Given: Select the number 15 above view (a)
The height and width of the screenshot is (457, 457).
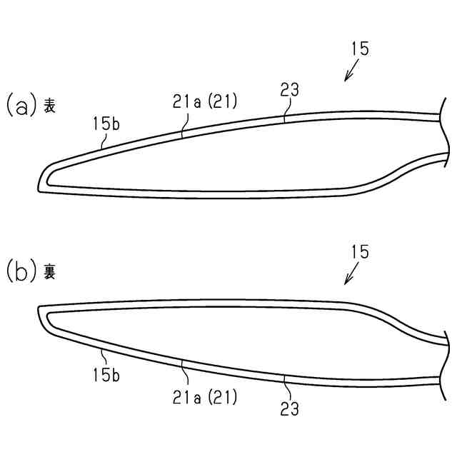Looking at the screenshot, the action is click(x=361, y=49).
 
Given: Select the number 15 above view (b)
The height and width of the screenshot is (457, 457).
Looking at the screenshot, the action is click(x=361, y=251).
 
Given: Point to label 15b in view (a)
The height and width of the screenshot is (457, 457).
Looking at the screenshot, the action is click(x=106, y=124).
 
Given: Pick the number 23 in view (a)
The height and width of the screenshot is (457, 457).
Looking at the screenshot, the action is click(x=289, y=90).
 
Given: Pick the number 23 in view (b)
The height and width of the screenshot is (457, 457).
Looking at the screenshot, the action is click(x=289, y=409).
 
